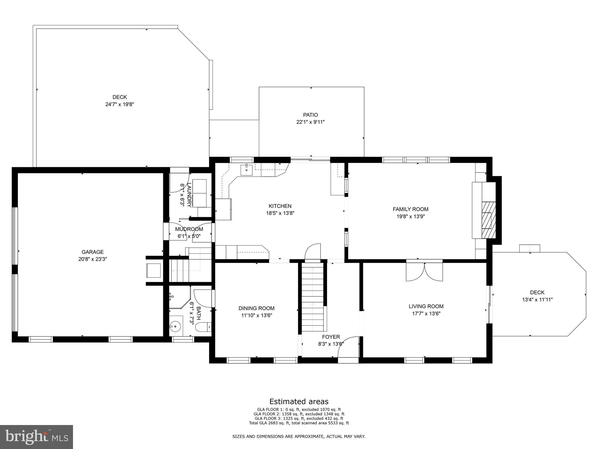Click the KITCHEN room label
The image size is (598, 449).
click(x=280, y=206)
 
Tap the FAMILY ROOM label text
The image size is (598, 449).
click(x=410, y=209)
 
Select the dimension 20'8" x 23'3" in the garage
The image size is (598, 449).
click(x=93, y=259)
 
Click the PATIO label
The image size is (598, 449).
click(x=310, y=115)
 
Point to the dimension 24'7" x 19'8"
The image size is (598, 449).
click(x=120, y=104)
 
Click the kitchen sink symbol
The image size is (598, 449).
click(x=246, y=170)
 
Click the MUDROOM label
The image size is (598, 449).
click(x=189, y=229)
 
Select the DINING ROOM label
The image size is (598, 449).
click(x=256, y=308)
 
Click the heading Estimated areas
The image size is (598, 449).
click(x=299, y=401)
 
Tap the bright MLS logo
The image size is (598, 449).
click(x=36, y=437)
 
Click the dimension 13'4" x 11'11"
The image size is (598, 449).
click(x=537, y=300)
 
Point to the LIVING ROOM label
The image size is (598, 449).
click(x=426, y=306)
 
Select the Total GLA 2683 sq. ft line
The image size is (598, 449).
click(x=299, y=423)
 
